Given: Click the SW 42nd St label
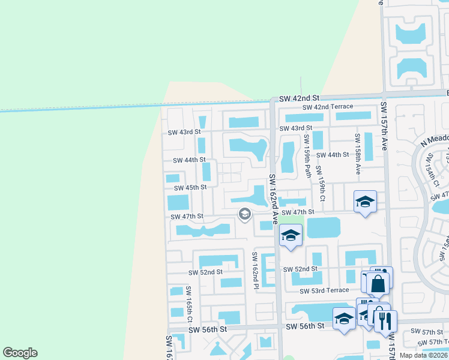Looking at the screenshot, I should [x=299, y=98].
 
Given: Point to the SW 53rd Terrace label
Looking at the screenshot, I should [x=324, y=290].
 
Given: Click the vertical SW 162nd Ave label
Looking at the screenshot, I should [x=273, y=199].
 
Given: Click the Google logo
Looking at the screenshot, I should [x=20, y=353].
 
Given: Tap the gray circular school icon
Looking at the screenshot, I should [x=244, y=214].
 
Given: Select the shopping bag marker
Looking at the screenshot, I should [x=378, y=283].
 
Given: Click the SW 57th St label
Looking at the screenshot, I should [x=432, y=332].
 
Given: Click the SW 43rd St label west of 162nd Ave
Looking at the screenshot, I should [x=184, y=132].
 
